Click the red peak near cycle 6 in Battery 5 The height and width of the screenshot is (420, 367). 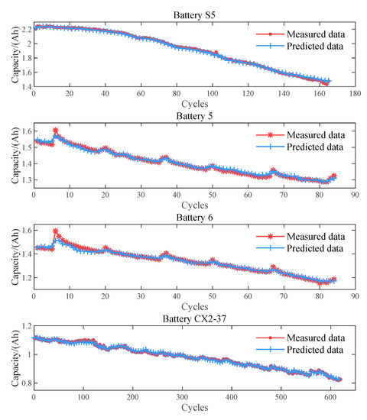click(55, 131)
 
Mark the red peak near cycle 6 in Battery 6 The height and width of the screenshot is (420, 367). click(55, 231)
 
